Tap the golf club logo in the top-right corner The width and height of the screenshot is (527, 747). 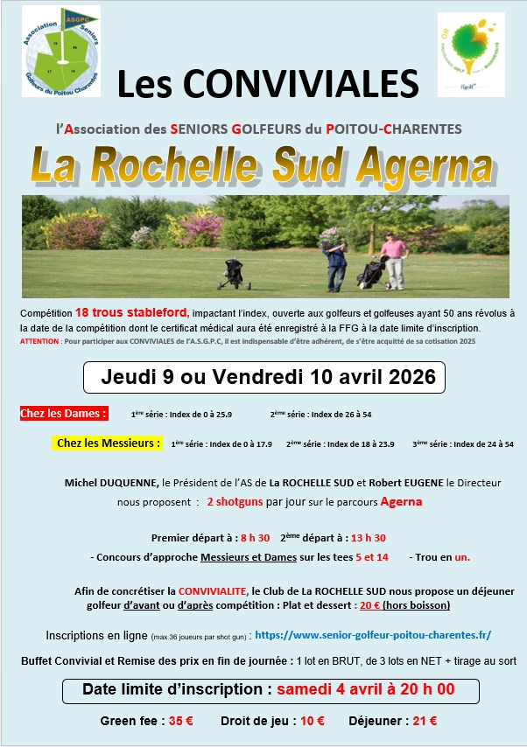[x=471, y=54]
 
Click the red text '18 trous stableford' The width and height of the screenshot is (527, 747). [x=131, y=313]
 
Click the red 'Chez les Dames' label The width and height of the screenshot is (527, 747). [x=64, y=413]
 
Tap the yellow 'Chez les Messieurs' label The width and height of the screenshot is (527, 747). [x=109, y=443]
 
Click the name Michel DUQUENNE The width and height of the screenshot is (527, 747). [x=112, y=482]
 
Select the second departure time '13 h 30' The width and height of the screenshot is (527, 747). [x=368, y=537]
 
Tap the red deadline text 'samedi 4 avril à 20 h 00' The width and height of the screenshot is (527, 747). [x=365, y=689]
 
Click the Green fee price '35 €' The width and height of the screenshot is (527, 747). [x=181, y=722]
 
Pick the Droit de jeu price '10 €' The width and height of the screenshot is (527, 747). [x=312, y=722]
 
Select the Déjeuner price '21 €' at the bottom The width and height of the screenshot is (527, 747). [x=425, y=722]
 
